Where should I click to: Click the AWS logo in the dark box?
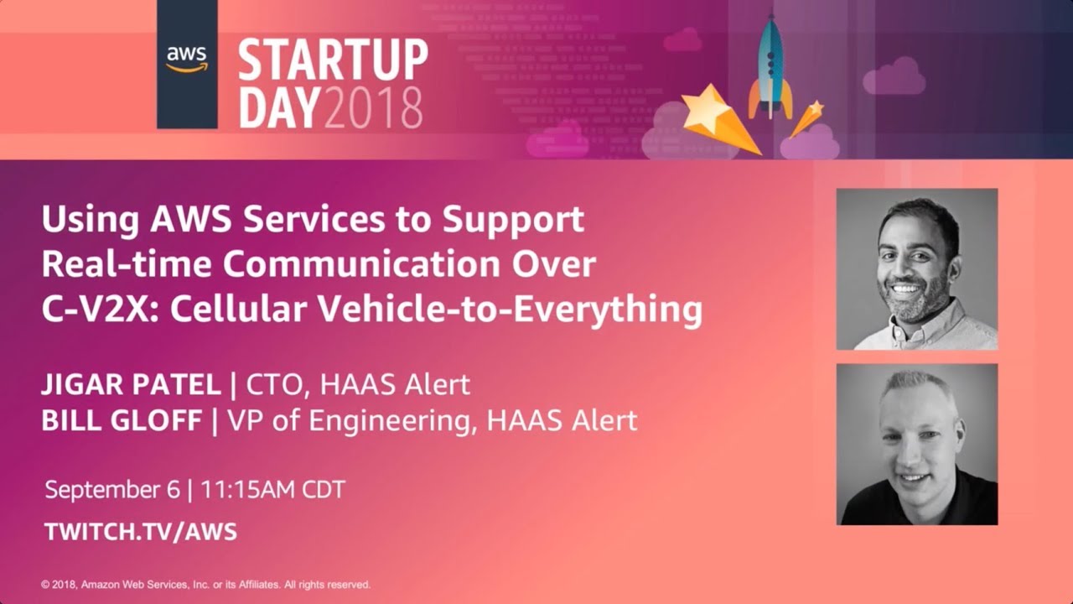point(187,59)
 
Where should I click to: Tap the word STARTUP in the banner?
point(333,60)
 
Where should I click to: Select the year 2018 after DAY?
point(373,107)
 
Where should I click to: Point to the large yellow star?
point(708,111)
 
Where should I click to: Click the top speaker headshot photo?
point(917,268)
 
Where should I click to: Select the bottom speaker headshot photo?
point(917,444)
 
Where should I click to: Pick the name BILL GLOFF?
point(122,419)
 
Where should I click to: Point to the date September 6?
point(112,490)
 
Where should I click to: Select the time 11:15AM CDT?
point(272,490)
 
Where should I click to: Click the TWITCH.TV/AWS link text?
point(141,532)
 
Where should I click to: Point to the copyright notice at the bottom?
point(205,585)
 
